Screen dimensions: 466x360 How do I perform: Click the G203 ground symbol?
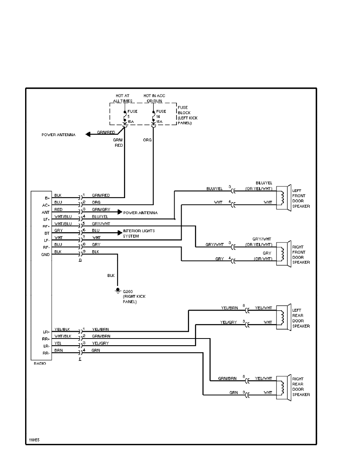pos(118,290)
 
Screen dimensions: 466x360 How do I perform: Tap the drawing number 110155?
pos(34,440)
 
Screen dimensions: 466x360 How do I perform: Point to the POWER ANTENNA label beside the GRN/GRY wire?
pos(140,213)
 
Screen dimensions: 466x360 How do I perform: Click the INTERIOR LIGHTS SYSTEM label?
pos(138,233)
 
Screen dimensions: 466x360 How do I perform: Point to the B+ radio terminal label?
pos(47,198)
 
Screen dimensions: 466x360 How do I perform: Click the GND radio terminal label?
pos(46,255)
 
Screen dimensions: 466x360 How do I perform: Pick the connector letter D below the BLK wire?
pos(80,260)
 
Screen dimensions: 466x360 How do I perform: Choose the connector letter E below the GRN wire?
pos(80,359)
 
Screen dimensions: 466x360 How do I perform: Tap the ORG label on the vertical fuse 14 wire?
pos(147,139)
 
